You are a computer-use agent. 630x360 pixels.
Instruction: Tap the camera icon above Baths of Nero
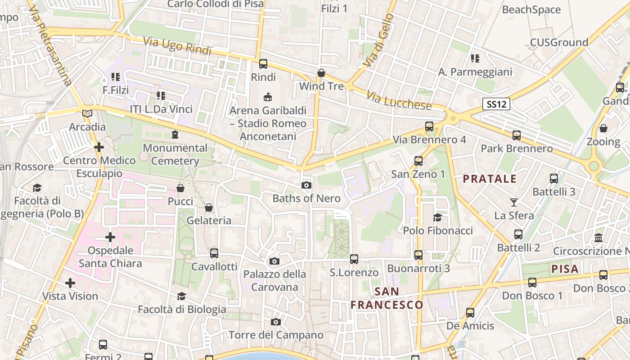(x=306, y=185)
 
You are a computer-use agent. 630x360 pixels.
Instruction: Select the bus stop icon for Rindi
(x=263, y=64)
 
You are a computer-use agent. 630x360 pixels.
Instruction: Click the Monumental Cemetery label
(x=175, y=154)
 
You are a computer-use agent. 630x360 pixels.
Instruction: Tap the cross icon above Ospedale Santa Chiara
(x=110, y=237)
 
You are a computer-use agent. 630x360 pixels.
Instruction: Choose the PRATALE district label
(x=490, y=179)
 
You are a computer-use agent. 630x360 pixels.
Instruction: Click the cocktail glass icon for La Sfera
(x=514, y=202)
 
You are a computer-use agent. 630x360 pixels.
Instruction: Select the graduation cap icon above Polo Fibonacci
(x=437, y=218)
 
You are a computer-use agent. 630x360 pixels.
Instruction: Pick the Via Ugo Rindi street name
(x=177, y=46)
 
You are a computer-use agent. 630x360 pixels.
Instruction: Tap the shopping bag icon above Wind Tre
(x=321, y=72)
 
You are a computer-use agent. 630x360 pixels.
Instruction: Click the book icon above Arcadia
(x=87, y=114)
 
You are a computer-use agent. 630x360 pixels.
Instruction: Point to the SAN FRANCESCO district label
(x=387, y=298)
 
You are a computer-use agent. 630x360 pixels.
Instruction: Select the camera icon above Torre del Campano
(x=276, y=322)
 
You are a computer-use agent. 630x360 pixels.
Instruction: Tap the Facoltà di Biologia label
(x=182, y=309)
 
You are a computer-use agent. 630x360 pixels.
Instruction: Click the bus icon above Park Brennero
(x=517, y=135)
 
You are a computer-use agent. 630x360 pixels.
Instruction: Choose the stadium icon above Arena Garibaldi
(x=268, y=97)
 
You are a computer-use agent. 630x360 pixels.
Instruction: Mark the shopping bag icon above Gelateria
(x=209, y=207)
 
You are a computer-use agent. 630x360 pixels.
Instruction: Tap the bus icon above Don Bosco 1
(x=532, y=283)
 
